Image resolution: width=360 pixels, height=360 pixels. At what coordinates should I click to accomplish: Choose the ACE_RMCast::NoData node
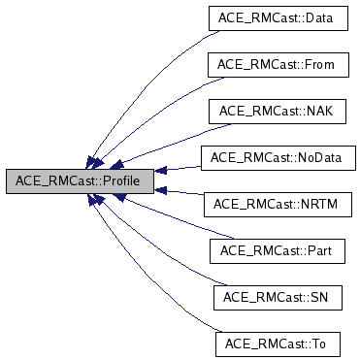277,156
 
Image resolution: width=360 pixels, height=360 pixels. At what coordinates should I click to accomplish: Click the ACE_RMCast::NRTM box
277,204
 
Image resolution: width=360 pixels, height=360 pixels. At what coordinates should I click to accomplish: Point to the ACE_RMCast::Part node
277,250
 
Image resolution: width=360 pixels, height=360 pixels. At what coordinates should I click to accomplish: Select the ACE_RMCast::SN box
277,297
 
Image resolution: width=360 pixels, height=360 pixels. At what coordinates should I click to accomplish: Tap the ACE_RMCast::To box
277,344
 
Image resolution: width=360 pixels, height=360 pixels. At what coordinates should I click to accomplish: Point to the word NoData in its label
318,156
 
